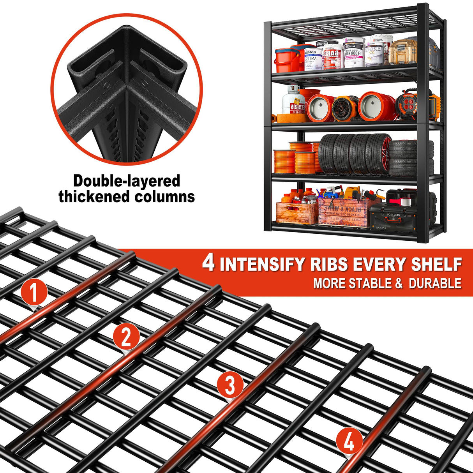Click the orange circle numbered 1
pos(34,293)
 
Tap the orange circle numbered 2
pos(126,337)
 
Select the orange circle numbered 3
pos(230,385)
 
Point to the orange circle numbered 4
pos(349,441)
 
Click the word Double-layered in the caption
pos(127,181)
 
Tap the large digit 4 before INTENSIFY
pos(208,264)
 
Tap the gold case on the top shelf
pos(402,51)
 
